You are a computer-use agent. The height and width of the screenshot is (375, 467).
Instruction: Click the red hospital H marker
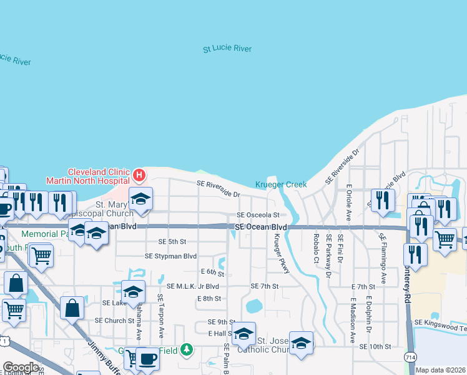click(140, 175)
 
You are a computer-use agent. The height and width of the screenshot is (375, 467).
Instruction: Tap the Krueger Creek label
click(281, 184)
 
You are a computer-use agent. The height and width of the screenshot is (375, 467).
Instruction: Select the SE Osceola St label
click(258, 214)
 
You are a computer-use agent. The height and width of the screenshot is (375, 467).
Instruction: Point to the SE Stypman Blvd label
click(170, 256)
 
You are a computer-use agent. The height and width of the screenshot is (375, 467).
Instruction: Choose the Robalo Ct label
click(317, 248)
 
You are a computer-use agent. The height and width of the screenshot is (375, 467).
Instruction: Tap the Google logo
click(21, 367)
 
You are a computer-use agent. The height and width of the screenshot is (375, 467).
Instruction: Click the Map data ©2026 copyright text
click(440, 370)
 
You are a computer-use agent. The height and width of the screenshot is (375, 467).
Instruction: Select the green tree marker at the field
click(185, 349)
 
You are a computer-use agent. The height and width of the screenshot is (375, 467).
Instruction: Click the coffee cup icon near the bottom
click(147, 359)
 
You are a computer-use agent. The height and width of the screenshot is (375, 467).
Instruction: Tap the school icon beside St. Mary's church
click(140, 199)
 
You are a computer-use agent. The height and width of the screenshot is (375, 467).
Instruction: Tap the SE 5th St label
click(172, 241)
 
